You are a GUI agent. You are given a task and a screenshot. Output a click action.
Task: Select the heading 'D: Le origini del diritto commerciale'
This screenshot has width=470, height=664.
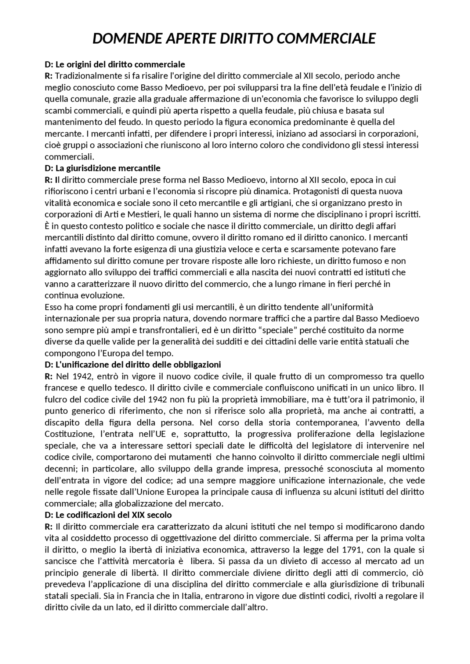click(x=115, y=65)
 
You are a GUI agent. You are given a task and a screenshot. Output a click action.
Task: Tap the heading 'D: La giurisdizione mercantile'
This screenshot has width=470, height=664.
click(x=102, y=168)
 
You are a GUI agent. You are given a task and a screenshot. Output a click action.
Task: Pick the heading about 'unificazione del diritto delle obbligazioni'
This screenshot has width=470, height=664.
click(x=133, y=365)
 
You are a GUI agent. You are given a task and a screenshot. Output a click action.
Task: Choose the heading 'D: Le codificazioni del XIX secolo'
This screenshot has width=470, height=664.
click(x=108, y=515)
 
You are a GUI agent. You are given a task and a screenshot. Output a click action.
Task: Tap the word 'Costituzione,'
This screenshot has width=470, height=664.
click(x=70, y=434)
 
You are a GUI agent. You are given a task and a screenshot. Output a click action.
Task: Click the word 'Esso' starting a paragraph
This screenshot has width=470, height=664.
click(x=53, y=307)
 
